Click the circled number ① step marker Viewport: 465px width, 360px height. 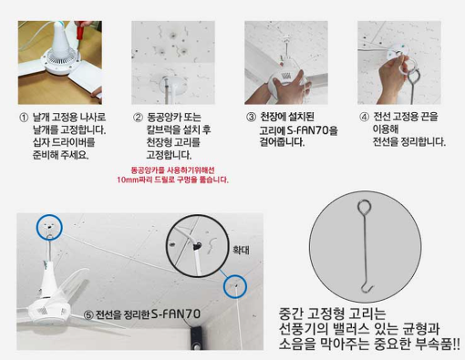[x=24, y=118]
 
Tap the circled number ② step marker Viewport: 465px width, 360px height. [x=138, y=118]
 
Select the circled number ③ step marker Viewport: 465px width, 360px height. [x=251, y=117]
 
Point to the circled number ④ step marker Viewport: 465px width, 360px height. [x=364, y=117]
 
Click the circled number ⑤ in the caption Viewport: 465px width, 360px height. [x=88, y=315]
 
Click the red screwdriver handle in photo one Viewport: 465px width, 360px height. [x=80, y=30]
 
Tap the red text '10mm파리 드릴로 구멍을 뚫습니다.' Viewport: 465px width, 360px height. [x=172, y=180]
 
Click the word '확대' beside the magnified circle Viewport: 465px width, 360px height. [x=241, y=250]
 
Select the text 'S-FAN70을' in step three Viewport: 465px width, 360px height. [x=313, y=130]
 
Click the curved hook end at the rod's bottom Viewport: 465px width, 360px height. [x=367, y=288]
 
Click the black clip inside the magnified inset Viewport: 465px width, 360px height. [x=198, y=245]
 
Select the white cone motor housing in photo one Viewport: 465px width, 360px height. [x=62, y=38]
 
